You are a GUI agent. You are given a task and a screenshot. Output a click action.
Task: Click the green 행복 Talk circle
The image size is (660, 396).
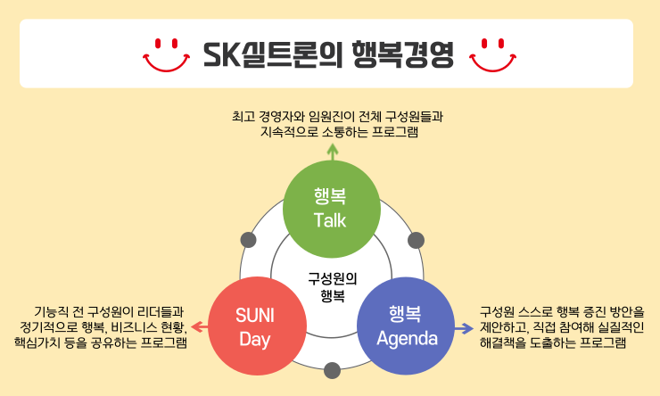[x=330, y=207]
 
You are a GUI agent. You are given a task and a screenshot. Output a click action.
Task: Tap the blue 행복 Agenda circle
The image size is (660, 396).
[x=406, y=326]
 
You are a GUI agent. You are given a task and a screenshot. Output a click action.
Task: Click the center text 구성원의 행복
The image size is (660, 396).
[x=331, y=285]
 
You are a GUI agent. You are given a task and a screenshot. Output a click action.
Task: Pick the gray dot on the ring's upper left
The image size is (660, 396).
[x=249, y=240]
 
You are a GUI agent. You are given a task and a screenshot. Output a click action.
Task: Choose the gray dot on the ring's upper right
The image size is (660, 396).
[x=415, y=239]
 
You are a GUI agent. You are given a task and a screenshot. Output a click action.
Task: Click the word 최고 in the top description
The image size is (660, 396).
[x=243, y=116]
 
